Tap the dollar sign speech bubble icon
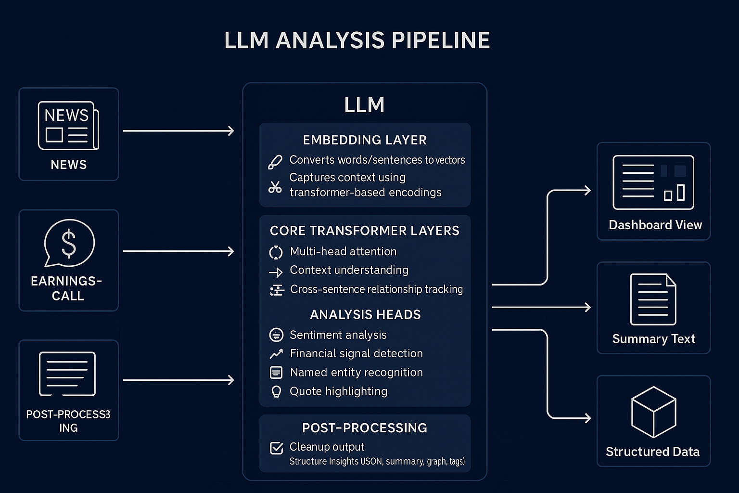coord(69,243)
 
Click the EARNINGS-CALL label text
coord(67,288)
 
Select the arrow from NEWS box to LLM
coord(178,130)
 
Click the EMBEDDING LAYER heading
coord(364,140)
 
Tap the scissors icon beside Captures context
coord(275,187)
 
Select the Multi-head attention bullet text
coord(343,251)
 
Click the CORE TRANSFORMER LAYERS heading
coord(364,231)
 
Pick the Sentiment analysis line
coord(338,335)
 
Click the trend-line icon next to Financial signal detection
coord(276,354)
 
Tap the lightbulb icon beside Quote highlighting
coord(276,391)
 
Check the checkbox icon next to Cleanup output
coord(276,448)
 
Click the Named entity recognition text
coord(356,372)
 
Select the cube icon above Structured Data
coord(653,412)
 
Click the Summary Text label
coord(653,339)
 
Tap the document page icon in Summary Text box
coord(653,299)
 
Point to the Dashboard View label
coord(655,225)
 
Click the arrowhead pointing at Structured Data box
coord(587,418)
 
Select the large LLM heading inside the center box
coord(364,105)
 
